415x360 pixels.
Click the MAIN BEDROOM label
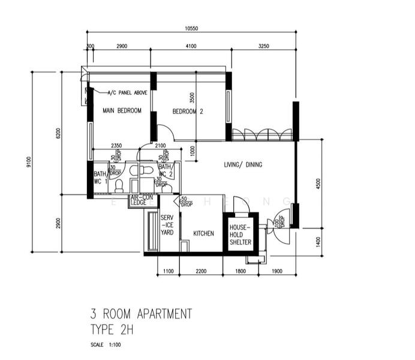click(122, 110)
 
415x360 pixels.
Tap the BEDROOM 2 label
click(188, 111)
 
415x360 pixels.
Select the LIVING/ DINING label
click(243, 164)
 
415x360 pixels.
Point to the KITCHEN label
click(203, 233)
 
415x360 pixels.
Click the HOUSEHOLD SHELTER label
click(240, 235)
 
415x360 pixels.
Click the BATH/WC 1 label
click(100, 178)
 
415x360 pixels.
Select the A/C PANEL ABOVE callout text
click(127, 93)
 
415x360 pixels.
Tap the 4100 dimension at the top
click(191, 46)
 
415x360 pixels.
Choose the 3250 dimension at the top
click(263, 46)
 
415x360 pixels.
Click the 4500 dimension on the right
click(318, 183)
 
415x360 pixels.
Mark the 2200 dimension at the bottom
click(201, 271)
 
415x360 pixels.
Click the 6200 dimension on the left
click(58, 133)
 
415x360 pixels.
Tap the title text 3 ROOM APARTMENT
click(141, 314)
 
